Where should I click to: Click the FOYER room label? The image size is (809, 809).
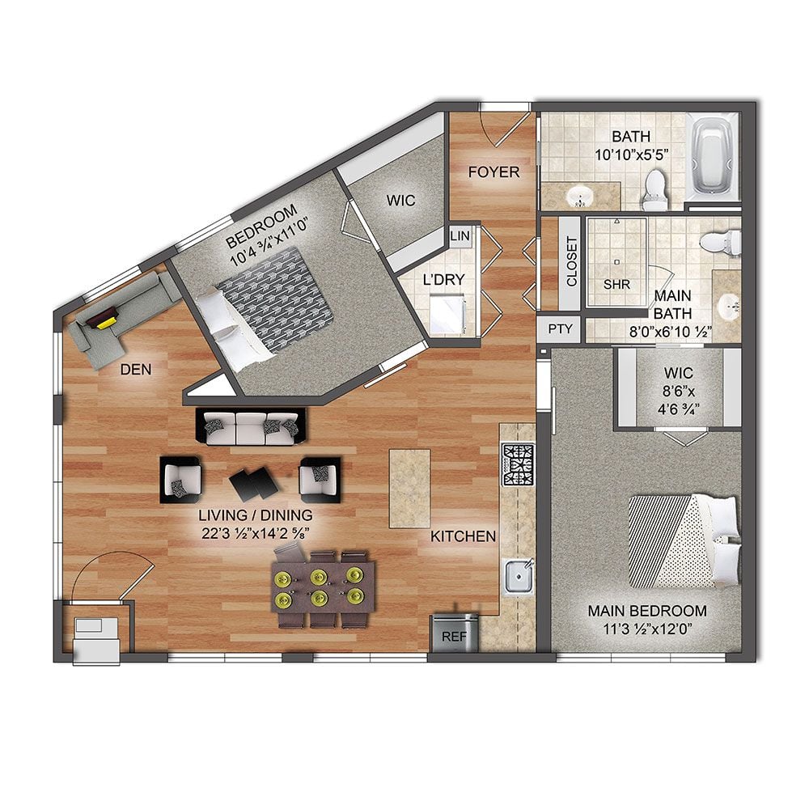(493, 172)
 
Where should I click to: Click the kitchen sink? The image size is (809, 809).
(518, 577)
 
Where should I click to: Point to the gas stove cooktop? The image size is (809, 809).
(518, 465)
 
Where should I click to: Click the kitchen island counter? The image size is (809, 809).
(409, 488)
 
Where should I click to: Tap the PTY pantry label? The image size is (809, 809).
(560, 328)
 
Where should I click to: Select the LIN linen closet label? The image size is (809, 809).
(460, 235)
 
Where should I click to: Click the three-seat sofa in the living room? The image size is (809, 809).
(251, 428)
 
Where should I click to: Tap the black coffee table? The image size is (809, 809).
(254, 484)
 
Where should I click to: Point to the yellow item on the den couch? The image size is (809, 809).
(106, 323)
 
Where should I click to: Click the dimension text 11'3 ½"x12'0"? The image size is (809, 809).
(647, 629)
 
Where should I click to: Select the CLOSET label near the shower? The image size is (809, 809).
(571, 261)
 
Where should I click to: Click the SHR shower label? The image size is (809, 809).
(616, 284)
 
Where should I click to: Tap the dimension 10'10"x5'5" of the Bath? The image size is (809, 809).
(632, 155)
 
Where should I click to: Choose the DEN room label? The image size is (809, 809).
(136, 370)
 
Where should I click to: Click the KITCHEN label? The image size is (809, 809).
(463, 536)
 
